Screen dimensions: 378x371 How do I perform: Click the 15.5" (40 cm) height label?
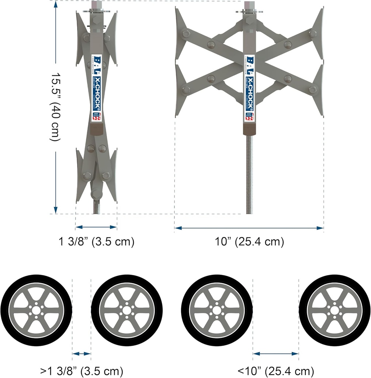click(55, 107)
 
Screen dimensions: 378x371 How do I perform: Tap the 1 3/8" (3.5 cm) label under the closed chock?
click(96, 242)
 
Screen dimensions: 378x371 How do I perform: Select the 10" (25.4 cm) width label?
click(249, 242)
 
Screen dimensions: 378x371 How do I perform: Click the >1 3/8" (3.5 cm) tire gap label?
click(82, 370)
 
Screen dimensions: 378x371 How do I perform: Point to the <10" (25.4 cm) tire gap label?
click(276, 370)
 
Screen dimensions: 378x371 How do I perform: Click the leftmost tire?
click(36, 310)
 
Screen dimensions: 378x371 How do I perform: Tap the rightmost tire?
click(334, 310)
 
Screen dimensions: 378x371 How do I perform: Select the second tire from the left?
click(127, 310)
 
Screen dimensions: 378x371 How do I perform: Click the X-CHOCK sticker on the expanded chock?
click(249, 89)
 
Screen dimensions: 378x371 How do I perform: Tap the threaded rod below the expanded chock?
click(249, 173)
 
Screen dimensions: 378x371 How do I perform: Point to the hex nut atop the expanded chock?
click(249, 6)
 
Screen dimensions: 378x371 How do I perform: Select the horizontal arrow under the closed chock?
click(96, 227)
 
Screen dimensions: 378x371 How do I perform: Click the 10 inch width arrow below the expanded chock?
click(249, 228)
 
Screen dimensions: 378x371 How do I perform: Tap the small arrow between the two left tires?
click(82, 354)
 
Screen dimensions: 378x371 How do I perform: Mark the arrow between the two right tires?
click(276, 354)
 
